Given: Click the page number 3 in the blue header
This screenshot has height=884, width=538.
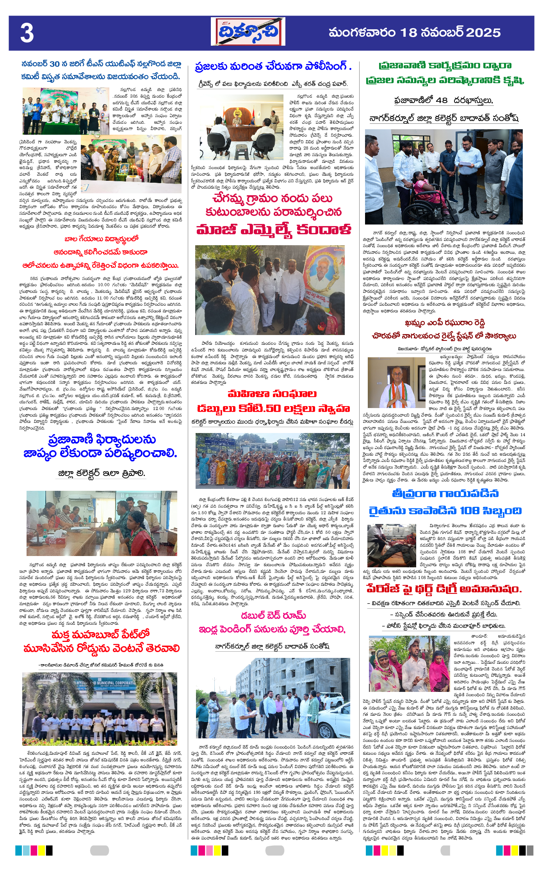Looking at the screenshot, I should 27,33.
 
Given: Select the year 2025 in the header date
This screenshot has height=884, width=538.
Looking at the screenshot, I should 483,33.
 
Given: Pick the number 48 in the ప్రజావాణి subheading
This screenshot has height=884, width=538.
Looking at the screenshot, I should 441,100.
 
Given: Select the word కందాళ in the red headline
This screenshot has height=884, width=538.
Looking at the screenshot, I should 323,230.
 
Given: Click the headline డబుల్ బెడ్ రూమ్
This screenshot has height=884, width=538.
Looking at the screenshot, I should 273,616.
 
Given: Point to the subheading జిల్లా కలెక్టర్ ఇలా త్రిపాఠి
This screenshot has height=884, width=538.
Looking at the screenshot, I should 102,474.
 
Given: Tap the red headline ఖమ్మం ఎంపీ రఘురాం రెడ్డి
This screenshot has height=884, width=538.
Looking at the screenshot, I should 445,323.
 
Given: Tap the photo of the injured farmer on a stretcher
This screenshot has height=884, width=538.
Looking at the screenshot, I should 392,546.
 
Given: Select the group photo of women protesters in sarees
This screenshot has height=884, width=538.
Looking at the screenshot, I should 273,461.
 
